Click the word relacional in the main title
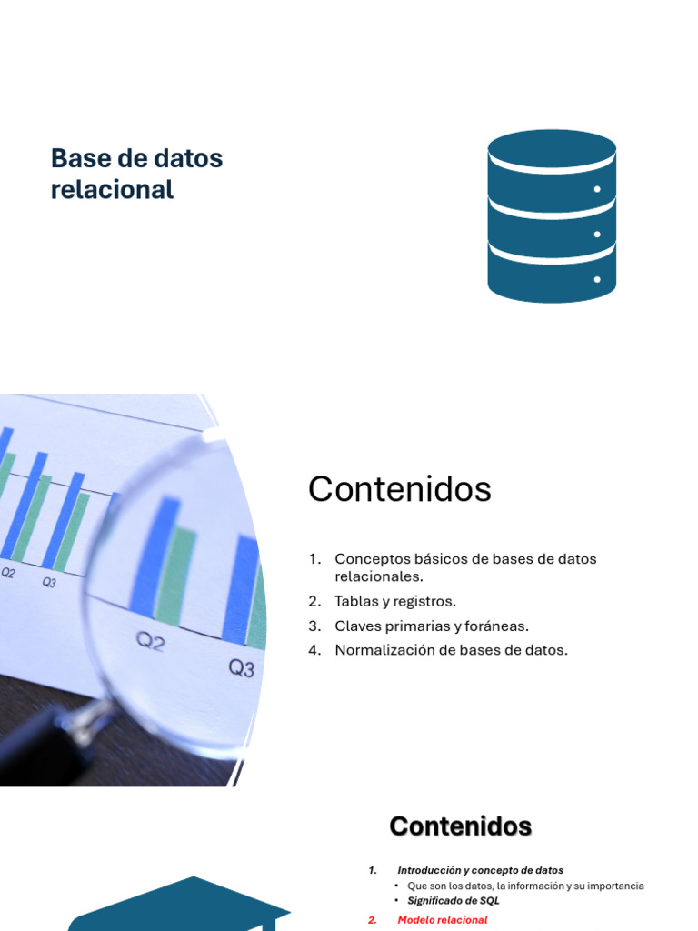[112, 190]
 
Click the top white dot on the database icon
[597, 189]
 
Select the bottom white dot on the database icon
[597, 279]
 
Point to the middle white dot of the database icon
[597, 235]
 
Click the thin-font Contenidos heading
[399, 490]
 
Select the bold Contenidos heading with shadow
[460, 826]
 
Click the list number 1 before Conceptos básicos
[314, 559]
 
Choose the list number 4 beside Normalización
[314, 650]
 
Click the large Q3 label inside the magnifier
[241, 669]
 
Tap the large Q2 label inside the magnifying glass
[150, 643]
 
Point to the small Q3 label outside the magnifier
[49, 583]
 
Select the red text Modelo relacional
[442, 920]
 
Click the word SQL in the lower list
[490, 901]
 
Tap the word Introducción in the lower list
[432, 870]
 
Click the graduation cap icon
[182, 904]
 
